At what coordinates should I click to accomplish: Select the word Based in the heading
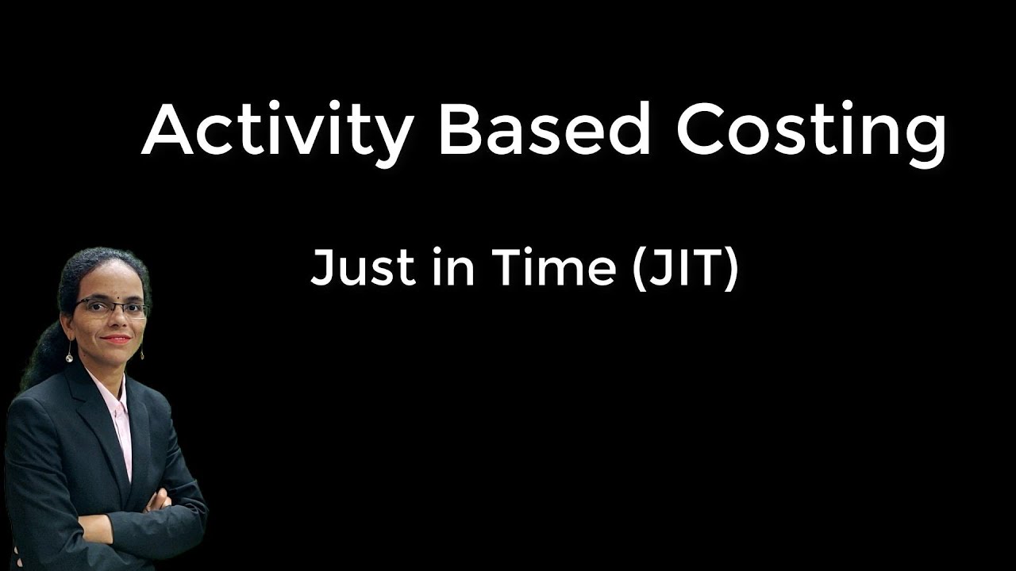[x=544, y=129]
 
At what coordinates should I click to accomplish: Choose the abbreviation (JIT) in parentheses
[x=686, y=267]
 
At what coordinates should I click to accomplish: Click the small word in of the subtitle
[x=454, y=267]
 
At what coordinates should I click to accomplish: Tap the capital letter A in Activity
[x=167, y=129]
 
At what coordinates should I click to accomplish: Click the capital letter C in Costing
[x=702, y=129]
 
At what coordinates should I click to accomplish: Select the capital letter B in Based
[x=460, y=129]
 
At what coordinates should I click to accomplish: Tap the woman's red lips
[x=117, y=339]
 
